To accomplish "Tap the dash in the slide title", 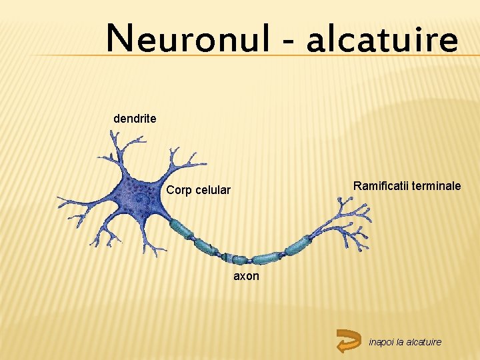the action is click(288, 41).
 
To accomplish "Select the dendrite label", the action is click(135, 119).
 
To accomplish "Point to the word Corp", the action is click(179, 190).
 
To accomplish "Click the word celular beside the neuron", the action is click(213, 190).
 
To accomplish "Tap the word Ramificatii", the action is click(381, 185).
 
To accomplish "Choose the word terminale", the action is click(436, 185).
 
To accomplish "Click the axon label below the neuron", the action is click(246, 275).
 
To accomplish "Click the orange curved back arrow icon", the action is click(349, 340).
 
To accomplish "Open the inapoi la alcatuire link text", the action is click(405, 342).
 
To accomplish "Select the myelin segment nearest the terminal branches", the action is click(296, 245).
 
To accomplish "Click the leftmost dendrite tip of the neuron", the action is click(59, 199).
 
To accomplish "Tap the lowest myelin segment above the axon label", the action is click(265, 258).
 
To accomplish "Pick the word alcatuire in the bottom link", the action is click(424, 342).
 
